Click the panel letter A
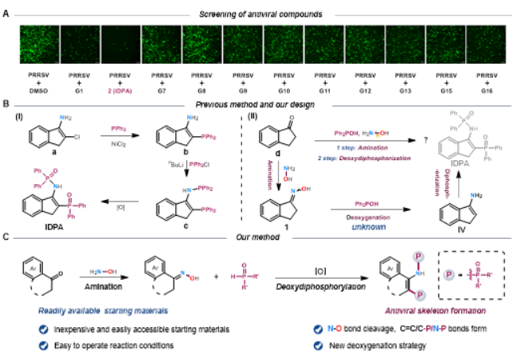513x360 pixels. point(6,14)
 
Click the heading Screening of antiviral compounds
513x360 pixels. point(256,14)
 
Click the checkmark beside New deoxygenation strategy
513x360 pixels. point(319,346)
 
